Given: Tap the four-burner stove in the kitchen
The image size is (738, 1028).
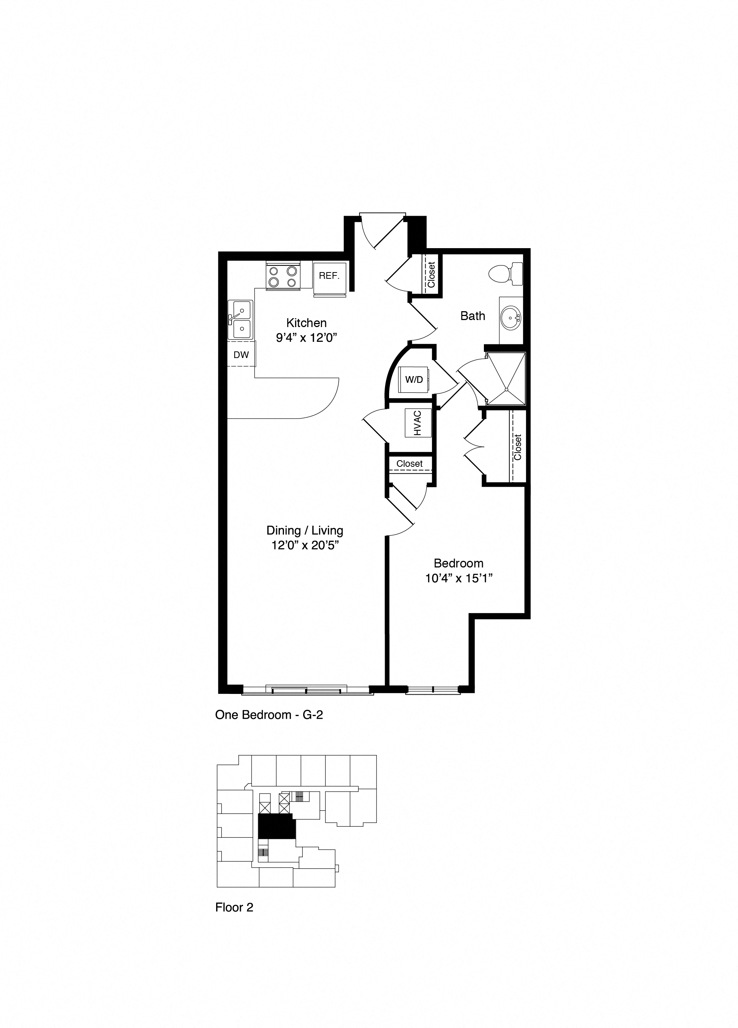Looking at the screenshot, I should pyautogui.click(x=283, y=277).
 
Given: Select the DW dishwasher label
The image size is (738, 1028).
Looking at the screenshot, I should pyautogui.click(x=241, y=355).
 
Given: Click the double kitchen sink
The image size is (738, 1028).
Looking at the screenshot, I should pyautogui.click(x=240, y=320).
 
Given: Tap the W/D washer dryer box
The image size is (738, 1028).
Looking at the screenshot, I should pyautogui.click(x=413, y=380).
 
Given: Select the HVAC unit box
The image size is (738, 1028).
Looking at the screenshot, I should pyautogui.click(x=417, y=423).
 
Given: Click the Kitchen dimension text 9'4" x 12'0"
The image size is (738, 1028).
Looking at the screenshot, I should pyautogui.click(x=307, y=338).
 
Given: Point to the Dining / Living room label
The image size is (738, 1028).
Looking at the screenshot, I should pyautogui.click(x=305, y=530).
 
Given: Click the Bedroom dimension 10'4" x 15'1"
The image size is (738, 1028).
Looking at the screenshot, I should pyautogui.click(x=459, y=579).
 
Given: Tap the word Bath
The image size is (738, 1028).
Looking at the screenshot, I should pyautogui.click(x=472, y=316).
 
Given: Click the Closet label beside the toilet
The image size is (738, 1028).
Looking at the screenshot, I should pyautogui.click(x=431, y=274).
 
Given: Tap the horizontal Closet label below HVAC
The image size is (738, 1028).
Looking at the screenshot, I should pyautogui.click(x=409, y=464).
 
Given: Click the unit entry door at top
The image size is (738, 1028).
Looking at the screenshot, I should pyautogui.click(x=382, y=232).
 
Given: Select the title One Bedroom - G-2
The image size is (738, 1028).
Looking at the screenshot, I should pyautogui.click(x=269, y=715).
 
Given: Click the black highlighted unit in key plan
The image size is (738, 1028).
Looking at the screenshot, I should pyautogui.click(x=276, y=827).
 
